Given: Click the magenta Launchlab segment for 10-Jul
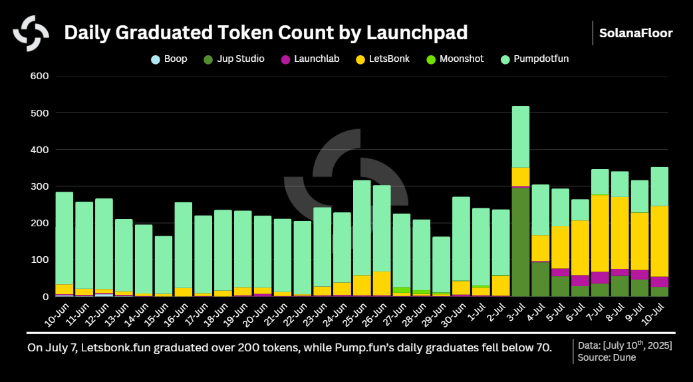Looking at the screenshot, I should pos(660,282).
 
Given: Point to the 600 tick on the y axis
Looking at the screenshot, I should pos(40,76).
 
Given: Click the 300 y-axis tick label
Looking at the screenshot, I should pos(40,186).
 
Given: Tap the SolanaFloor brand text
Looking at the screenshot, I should pos(635,33).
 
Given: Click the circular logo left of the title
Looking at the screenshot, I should pos(31,33).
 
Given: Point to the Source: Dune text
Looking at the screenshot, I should pos(606,357).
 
